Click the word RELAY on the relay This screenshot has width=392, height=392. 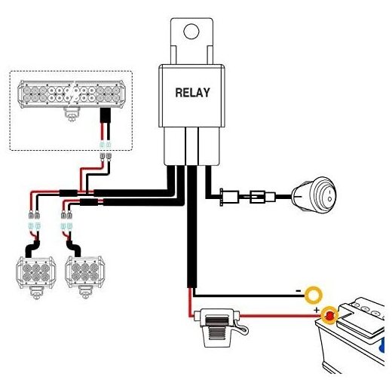pos(192,93)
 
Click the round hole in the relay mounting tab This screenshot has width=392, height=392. pos(191,31)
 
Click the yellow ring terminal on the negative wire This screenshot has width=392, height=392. pos(314,295)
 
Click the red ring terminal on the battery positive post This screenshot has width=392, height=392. pos(329,315)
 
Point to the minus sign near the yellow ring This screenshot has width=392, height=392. pos(299,291)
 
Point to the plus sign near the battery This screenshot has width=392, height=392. pos(317,310)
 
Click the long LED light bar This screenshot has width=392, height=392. pos(72,94)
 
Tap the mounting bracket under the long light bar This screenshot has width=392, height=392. pos(72,114)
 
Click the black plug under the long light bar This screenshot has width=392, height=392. pos(106,115)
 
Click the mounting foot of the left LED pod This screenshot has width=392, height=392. pos(36,293)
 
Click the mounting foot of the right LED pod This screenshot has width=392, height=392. pos(85,292)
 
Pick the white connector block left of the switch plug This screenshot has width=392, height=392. pos(229,197)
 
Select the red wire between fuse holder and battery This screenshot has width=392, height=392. pos(280,316)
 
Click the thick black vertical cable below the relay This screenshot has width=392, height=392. pos(192,226)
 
